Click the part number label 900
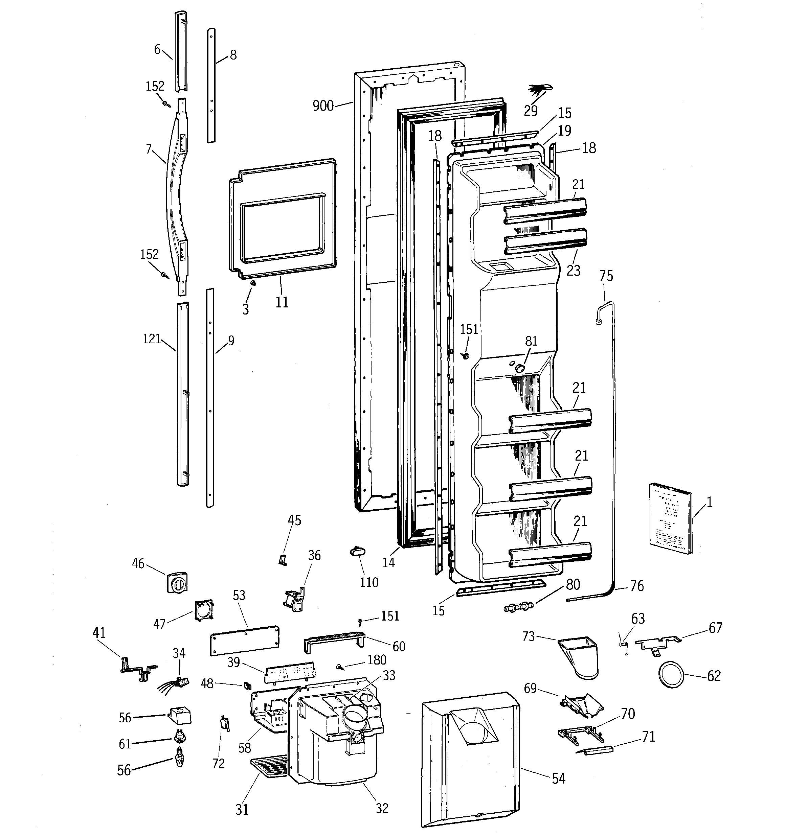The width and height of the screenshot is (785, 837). click(323, 106)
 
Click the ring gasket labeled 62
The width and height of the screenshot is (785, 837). click(670, 675)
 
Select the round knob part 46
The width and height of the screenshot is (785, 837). click(177, 583)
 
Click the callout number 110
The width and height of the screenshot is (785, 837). click(369, 582)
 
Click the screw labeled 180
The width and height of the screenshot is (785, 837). click(340, 667)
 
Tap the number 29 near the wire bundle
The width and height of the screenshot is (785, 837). click(531, 110)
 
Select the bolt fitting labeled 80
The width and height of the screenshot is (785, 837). click(519, 607)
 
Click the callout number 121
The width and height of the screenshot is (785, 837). click(152, 339)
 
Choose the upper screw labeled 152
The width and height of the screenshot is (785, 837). click(165, 103)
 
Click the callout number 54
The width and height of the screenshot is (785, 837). click(558, 779)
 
